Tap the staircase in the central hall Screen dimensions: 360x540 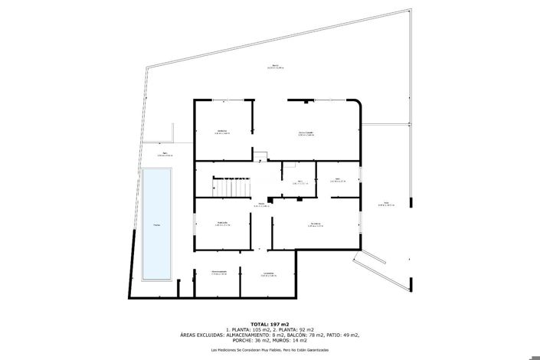[232, 186]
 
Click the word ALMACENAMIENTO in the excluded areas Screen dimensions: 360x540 [250, 335]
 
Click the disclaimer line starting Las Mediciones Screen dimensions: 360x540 [270, 350]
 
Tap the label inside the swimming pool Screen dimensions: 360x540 [156, 224]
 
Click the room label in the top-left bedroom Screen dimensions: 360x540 [222, 132]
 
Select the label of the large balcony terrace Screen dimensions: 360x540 [276, 67]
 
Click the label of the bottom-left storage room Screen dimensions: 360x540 [219, 273]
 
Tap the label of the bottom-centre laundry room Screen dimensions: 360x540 [268, 274]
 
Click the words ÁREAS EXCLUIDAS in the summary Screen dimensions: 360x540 [203, 335]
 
